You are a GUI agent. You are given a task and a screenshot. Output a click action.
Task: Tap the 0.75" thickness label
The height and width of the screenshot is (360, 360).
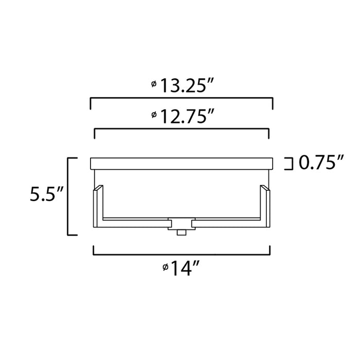321,163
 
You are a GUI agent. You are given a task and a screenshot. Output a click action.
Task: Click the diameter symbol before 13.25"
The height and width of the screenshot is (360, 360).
154,84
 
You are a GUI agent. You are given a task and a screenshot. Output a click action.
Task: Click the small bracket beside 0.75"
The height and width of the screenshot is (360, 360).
289,164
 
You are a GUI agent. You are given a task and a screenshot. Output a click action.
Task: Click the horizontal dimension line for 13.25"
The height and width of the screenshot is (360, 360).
182,97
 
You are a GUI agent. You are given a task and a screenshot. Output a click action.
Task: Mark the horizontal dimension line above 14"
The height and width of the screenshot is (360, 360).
182,255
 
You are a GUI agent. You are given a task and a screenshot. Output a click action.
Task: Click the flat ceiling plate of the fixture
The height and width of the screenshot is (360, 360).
182,164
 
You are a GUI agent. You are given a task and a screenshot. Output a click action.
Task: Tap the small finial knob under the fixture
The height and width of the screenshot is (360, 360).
182,232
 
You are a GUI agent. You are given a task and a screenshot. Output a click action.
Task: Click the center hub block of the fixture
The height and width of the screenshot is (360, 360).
182,223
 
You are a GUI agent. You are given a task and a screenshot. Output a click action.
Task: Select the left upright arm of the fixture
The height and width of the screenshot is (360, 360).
97,206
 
